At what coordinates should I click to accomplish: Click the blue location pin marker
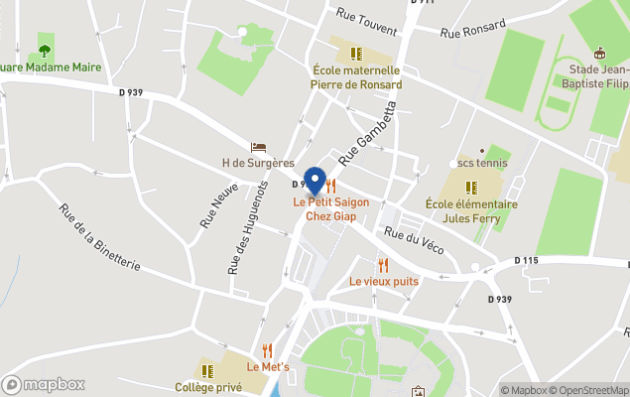pyautogui.click(x=315, y=182)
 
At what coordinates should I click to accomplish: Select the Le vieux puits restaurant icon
pyautogui.click(x=383, y=265)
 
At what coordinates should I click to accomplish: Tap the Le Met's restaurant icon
pyautogui.click(x=268, y=350)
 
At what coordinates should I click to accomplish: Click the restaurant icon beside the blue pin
pyautogui.click(x=332, y=186)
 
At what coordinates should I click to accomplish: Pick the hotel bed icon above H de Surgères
pyautogui.click(x=258, y=147)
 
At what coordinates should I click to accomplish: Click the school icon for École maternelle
pyautogui.click(x=356, y=53)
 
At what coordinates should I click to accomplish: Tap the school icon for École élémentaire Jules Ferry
pyautogui.click(x=471, y=187)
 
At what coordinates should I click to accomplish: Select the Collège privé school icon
pyautogui.click(x=208, y=370)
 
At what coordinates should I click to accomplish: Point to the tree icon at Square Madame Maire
pyautogui.click(x=45, y=50)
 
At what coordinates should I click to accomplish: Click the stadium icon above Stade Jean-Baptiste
pyautogui.click(x=598, y=53)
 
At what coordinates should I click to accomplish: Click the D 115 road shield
pyautogui.click(x=526, y=260)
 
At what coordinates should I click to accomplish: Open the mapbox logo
pyautogui.click(x=44, y=384)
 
